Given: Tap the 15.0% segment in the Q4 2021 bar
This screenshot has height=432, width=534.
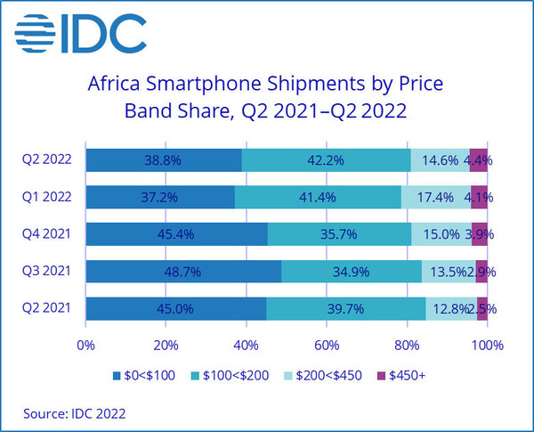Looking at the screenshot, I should [x=441, y=234].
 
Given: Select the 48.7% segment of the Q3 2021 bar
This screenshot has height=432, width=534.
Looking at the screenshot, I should [x=183, y=272].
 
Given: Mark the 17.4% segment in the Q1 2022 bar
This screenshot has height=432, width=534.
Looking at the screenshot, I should [x=435, y=197].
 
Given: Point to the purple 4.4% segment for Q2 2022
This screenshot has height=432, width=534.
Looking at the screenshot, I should [x=479, y=160].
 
